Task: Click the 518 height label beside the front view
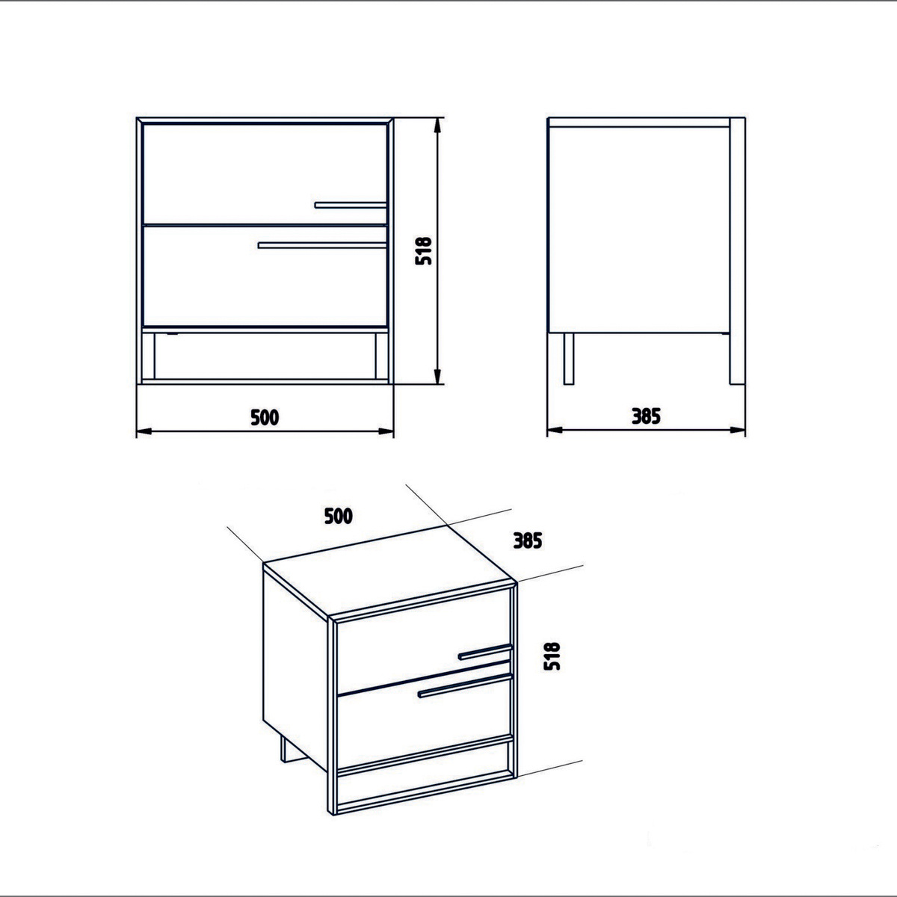tap(424, 251)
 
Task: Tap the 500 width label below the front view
tap(265, 417)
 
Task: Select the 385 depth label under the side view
tap(646, 416)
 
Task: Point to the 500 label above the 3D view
tap(339, 517)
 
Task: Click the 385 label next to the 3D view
tap(528, 540)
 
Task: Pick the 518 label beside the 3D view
tap(552, 656)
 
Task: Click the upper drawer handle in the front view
tap(351, 205)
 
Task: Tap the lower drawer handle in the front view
tap(322, 245)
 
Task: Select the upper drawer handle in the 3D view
tap(485, 652)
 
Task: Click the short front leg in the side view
tap(568, 359)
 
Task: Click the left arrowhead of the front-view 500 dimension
tap(144, 431)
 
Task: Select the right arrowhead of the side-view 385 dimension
tap(738, 430)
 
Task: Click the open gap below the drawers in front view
tap(265, 356)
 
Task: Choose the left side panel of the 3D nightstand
tap(295, 670)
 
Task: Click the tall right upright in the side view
tap(737, 251)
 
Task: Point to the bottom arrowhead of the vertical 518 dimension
tap(437, 377)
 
